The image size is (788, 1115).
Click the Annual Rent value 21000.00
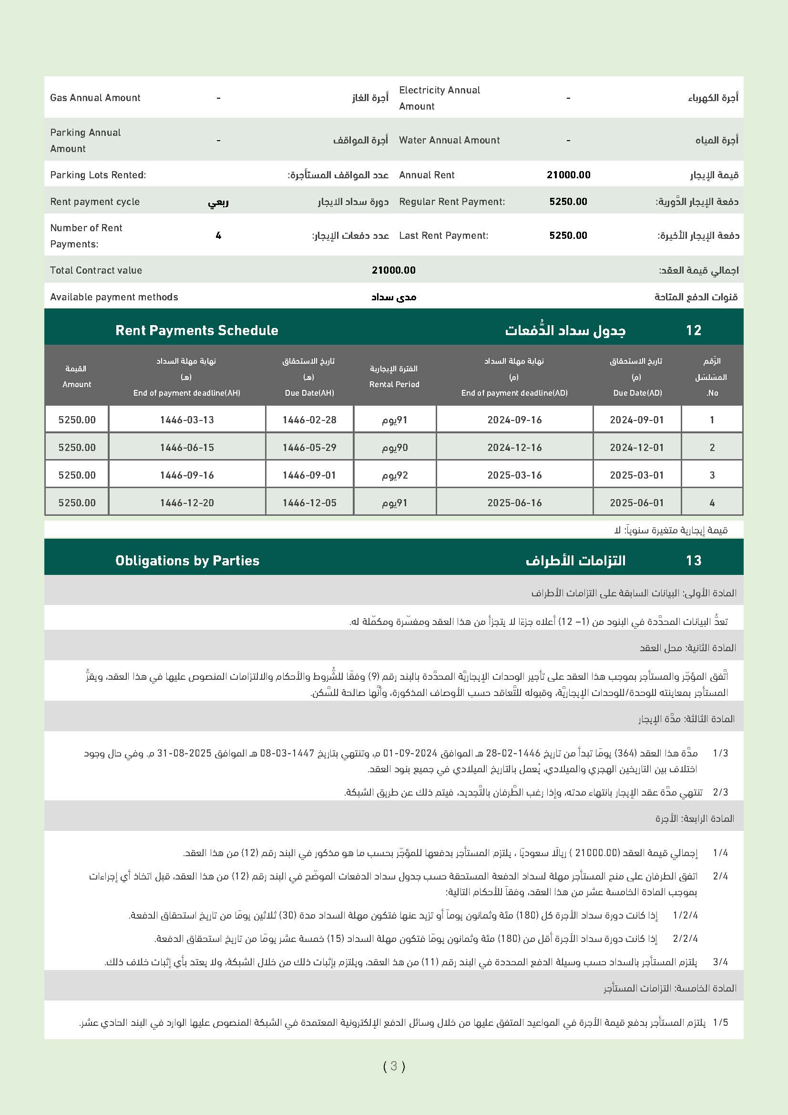tap(568, 175)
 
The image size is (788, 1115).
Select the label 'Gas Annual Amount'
tap(95, 98)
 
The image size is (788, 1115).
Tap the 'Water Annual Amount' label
tap(449, 140)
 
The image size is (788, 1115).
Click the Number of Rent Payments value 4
tap(218, 235)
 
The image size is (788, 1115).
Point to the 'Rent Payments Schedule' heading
tap(196, 330)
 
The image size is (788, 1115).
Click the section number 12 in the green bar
tap(693, 330)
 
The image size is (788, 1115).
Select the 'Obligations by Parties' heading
tap(187, 561)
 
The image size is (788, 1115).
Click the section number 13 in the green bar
tap(693, 561)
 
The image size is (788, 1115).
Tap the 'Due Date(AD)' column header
tap(637, 393)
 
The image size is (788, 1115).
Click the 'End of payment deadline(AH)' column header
tap(186, 393)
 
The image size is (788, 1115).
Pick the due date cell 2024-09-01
tap(636, 419)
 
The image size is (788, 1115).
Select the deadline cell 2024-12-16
tap(514, 447)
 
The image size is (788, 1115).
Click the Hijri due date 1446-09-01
tap(309, 475)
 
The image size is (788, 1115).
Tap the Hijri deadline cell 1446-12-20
tap(187, 502)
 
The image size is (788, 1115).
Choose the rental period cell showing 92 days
tap(395, 475)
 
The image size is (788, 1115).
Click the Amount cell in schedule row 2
tap(77, 447)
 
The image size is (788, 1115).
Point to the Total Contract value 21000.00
tap(393, 270)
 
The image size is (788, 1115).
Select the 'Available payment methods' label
tap(114, 297)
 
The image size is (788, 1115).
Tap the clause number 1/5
tap(720, 1022)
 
